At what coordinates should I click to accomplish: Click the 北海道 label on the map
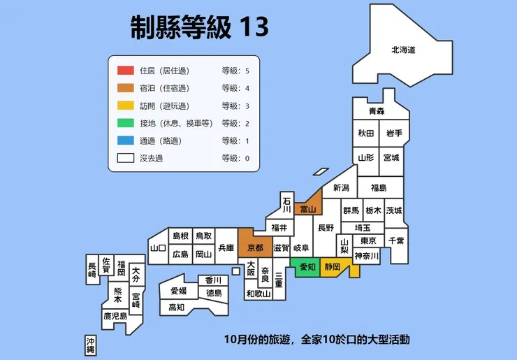[403, 50]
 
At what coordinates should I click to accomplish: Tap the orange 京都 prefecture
[255, 247]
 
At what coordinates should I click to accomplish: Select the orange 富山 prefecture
[307, 208]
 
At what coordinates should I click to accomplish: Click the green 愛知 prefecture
[307, 267]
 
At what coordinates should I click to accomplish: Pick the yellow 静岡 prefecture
[333, 267]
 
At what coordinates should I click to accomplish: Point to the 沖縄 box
[90, 344]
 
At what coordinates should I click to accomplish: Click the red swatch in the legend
[125, 71]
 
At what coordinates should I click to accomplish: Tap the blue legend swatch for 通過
[125, 141]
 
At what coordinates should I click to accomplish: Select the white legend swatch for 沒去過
[125, 158]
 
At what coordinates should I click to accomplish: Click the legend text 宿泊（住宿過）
[164, 88]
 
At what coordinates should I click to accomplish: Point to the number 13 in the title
[253, 27]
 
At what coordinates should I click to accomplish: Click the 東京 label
[370, 241]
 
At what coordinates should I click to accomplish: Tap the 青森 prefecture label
[377, 111]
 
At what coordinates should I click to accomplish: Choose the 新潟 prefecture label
[341, 187]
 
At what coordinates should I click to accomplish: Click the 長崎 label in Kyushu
[92, 271]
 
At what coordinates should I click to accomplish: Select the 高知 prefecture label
[176, 307]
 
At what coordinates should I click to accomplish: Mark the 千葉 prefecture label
[396, 240]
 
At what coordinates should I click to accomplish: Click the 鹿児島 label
[115, 316]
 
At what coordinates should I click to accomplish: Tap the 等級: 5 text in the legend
[235, 71]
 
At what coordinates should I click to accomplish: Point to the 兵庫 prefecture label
[226, 247]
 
